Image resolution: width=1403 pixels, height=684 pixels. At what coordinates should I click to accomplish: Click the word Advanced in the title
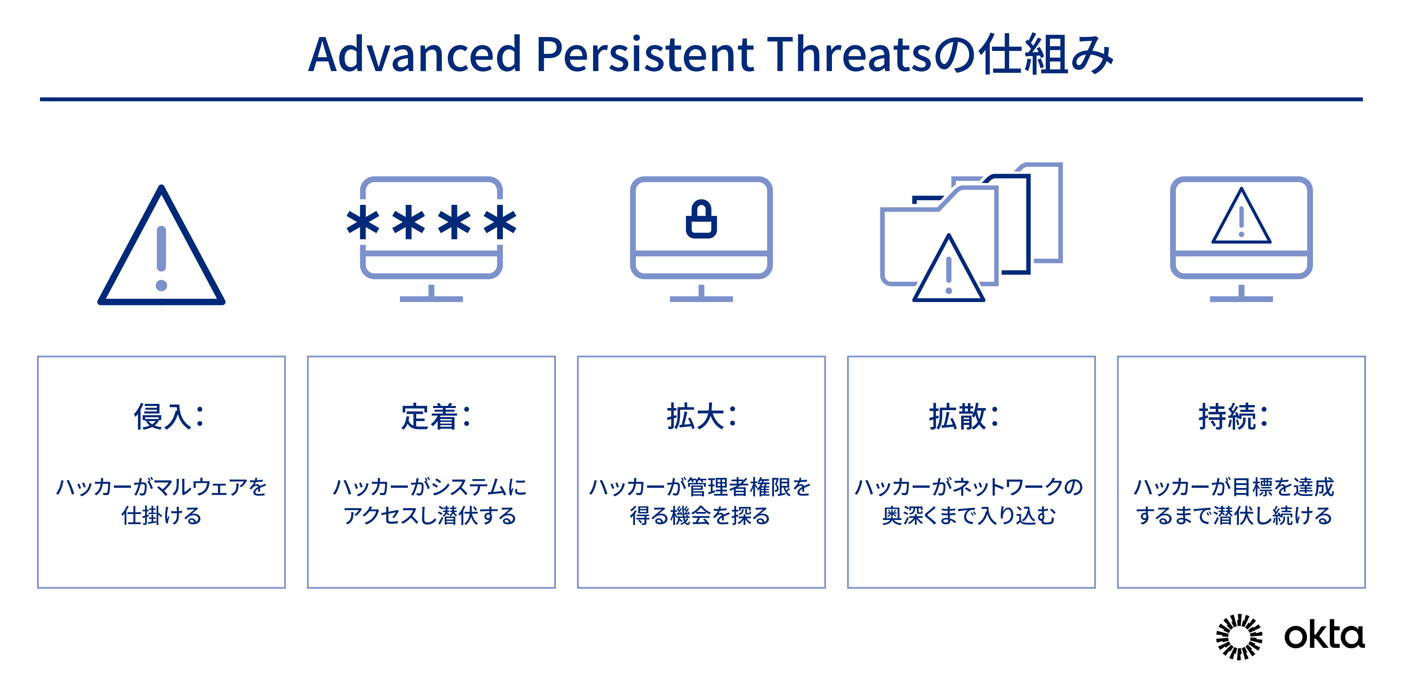pos(415,54)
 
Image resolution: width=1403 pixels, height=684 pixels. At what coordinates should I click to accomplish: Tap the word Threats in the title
pos(851,54)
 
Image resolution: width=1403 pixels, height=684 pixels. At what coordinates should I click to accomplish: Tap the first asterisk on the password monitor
pos(363,222)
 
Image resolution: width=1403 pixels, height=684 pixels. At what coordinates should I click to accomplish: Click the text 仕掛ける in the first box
pos(161,515)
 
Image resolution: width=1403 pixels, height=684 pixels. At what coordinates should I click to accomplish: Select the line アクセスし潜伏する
pos(430,515)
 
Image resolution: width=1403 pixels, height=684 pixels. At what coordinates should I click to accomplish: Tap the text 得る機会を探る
pos(700,515)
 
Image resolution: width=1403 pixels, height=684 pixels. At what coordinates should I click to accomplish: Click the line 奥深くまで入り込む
pos(970,515)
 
